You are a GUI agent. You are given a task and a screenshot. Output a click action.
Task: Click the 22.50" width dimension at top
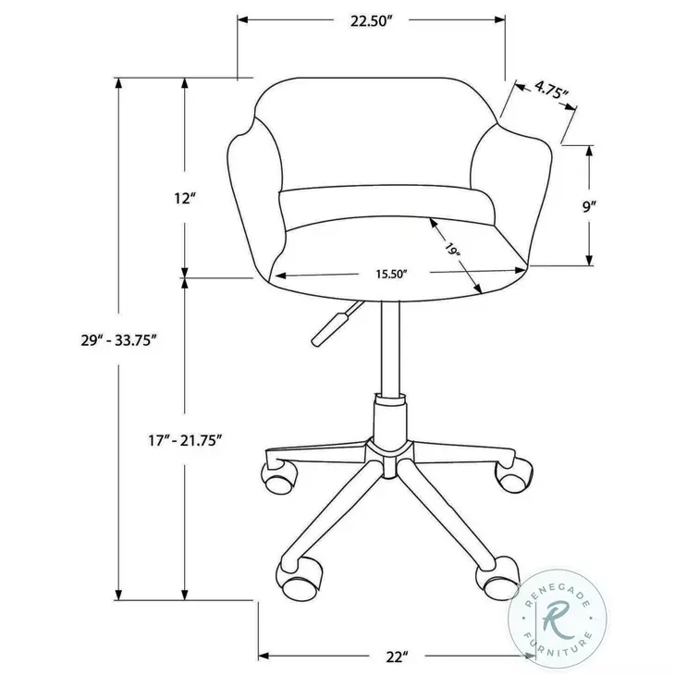point(372,22)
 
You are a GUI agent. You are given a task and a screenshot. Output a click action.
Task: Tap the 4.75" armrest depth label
point(552,91)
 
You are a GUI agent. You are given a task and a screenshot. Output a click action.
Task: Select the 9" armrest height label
point(612,207)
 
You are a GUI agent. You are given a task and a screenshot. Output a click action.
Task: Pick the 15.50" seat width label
point(391,274)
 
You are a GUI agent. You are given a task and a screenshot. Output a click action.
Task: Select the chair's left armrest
point(252,203)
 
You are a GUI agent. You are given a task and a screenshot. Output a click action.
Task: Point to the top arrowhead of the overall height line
point(118,83)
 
